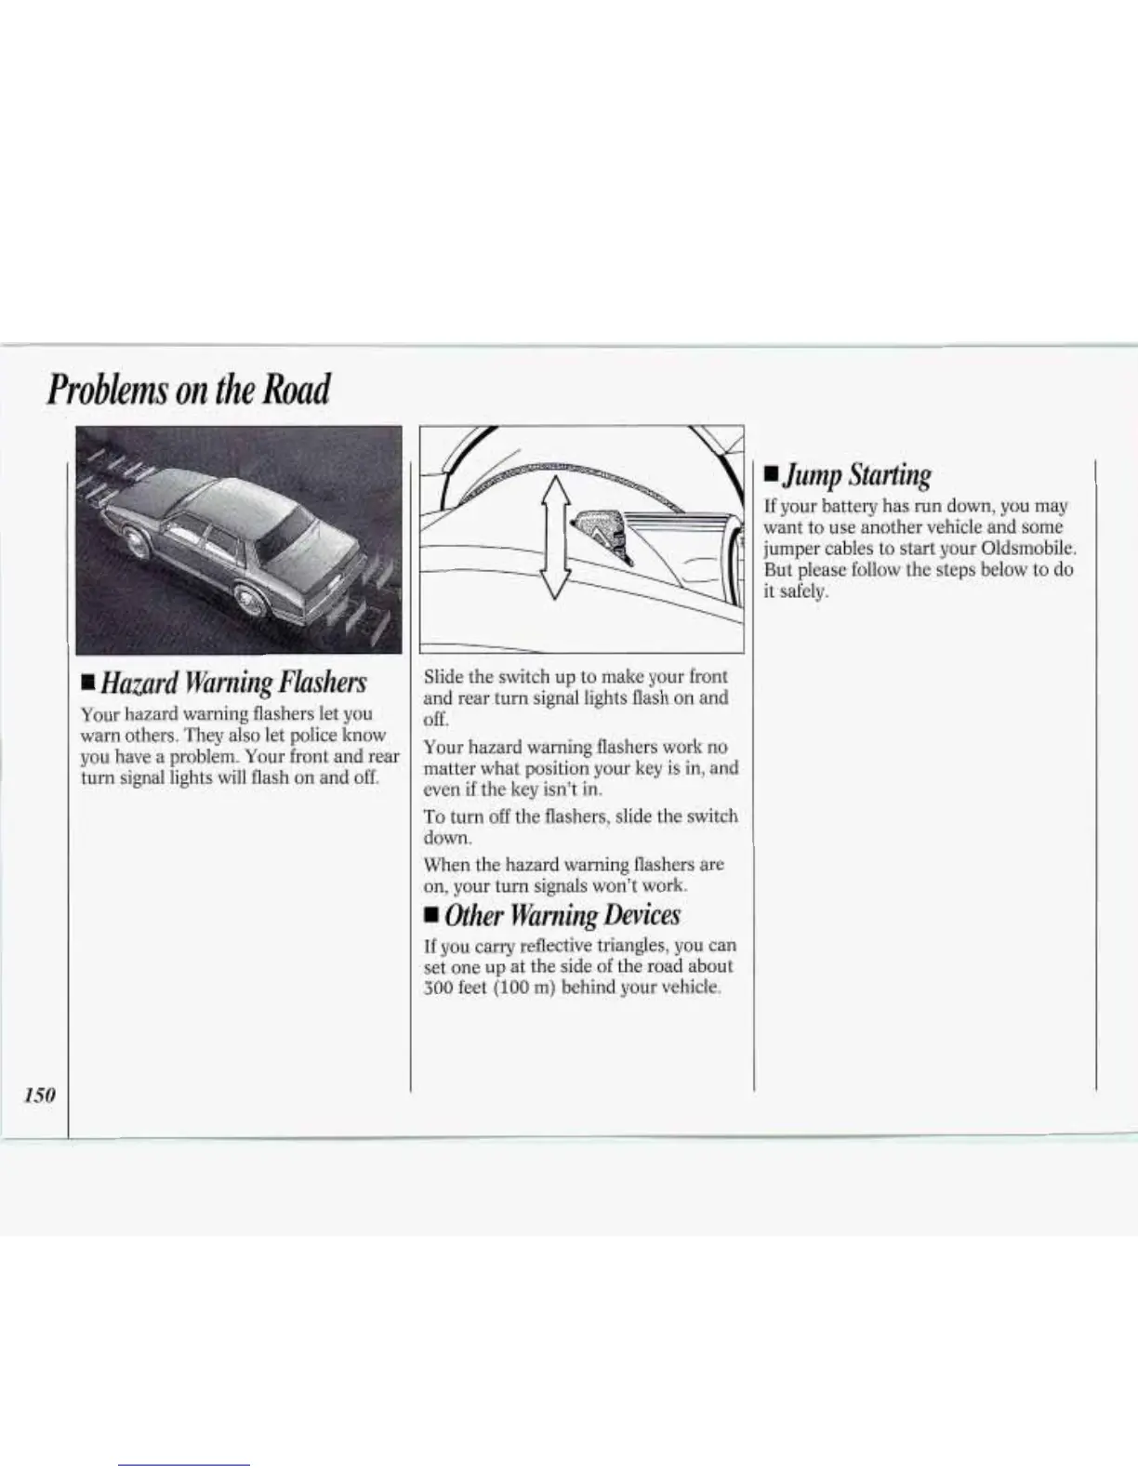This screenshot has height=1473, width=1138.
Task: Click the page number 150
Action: pos(40,1095)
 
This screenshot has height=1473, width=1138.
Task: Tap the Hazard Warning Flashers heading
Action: pos(233,683)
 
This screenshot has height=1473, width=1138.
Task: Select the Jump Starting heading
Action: pos(855,475)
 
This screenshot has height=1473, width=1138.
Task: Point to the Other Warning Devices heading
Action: pos(562,915)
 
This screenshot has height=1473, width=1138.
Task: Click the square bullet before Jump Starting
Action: pos(770,476)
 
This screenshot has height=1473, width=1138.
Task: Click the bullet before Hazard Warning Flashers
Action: pos(87,685)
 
